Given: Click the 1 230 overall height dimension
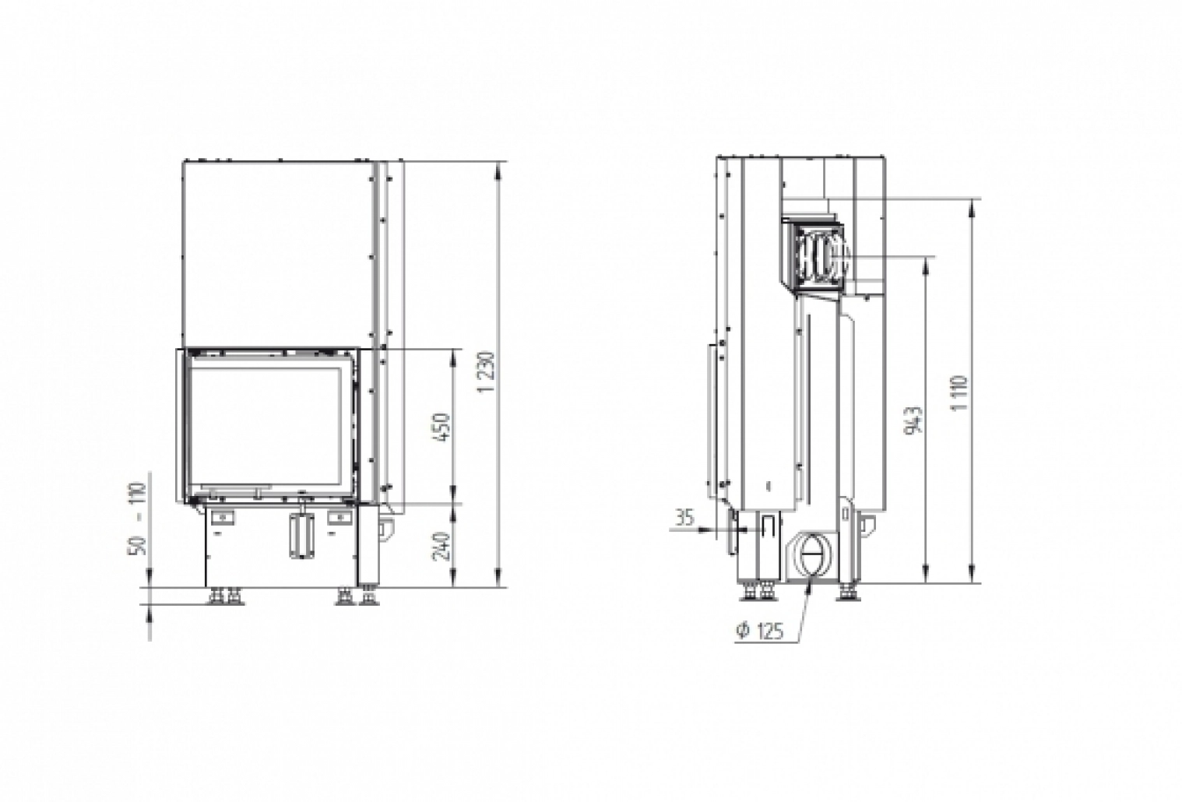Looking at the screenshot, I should (x=488, y=373).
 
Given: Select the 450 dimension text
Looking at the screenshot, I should (x=441, y=427).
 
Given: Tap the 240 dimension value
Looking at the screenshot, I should (x=441, y=546).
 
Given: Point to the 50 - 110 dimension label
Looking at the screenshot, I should (x=139, y=519).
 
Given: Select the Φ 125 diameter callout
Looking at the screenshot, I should (x=758, y=631).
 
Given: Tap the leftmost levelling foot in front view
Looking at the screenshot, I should (x=213, y=596).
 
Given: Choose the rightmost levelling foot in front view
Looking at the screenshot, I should (x=366, y=596).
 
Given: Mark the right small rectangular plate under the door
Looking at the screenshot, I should (x=339, y=515).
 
